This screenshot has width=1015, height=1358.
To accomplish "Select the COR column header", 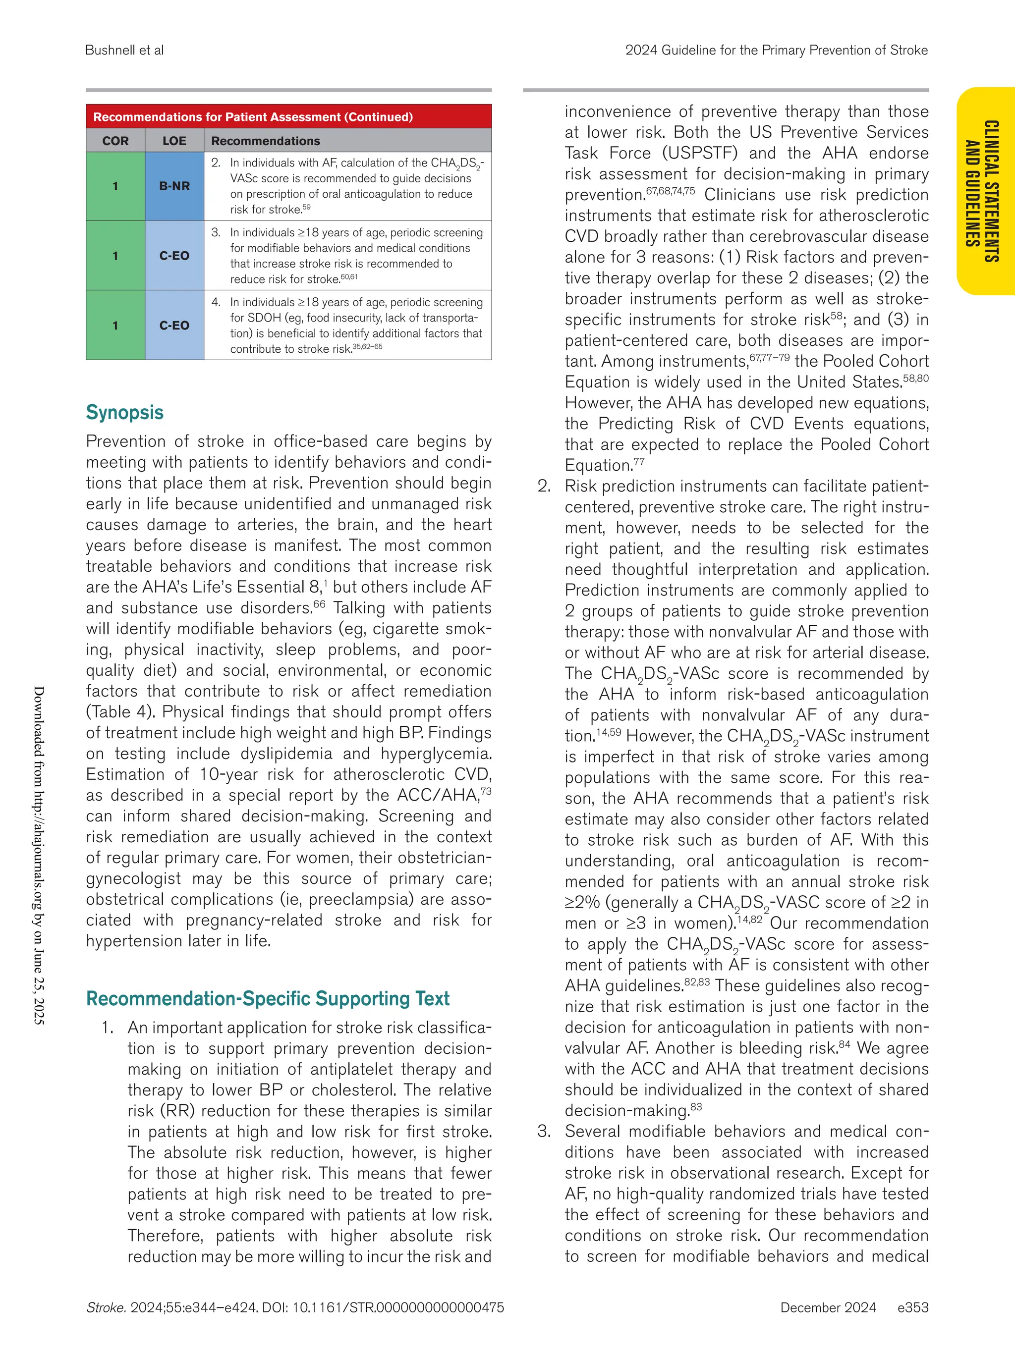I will (115, 141).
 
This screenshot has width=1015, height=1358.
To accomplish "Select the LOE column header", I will (174, 141).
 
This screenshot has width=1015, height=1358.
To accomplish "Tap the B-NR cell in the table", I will (174, 186).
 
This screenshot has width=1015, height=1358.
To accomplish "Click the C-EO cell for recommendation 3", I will (174, 255).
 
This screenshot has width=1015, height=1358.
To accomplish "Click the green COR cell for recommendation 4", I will (115, 326).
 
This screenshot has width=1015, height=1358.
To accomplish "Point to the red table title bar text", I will (252, 116).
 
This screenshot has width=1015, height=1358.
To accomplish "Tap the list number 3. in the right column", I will (545, 1132).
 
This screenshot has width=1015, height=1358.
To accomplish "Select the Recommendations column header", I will (265, 141).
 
